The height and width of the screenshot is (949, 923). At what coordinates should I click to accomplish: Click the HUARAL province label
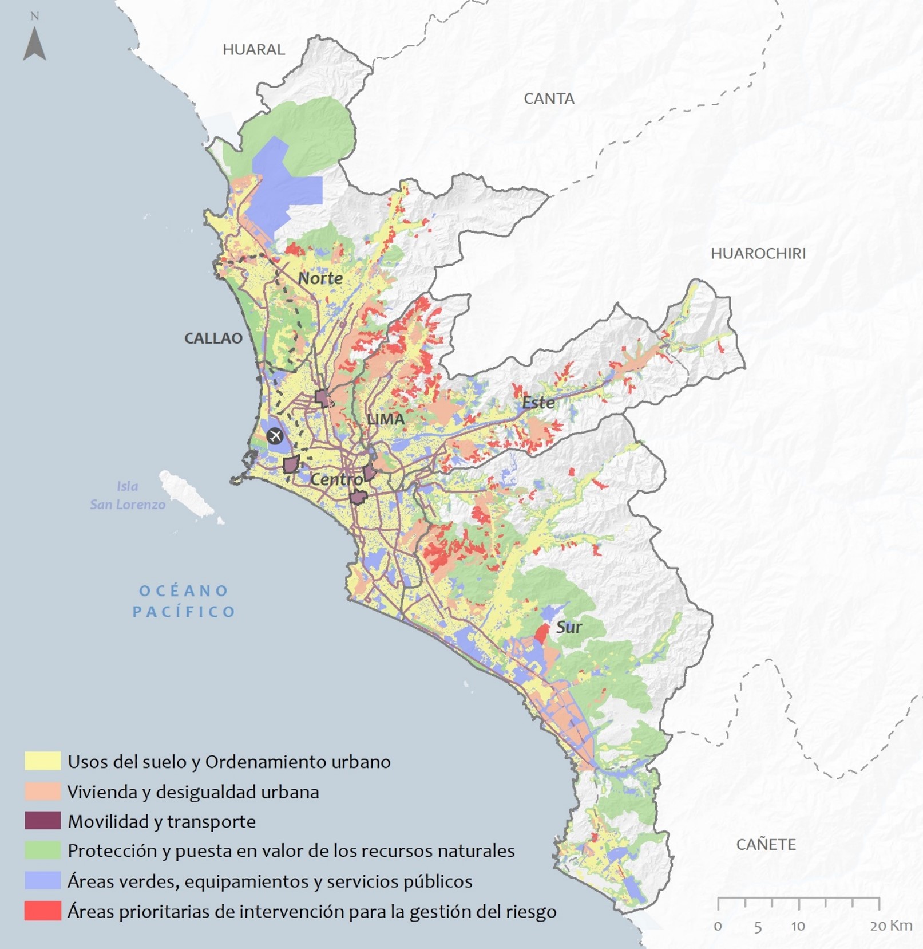(253, 49)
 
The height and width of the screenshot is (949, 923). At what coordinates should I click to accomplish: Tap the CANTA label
(549, 99)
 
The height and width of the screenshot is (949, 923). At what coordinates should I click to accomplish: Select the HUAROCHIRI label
(758, 253)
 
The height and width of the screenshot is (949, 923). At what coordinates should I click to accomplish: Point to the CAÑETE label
(766, 844)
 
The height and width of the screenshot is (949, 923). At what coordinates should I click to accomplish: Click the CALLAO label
(213, 338)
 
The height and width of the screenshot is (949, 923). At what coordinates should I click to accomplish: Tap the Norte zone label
(320, 278)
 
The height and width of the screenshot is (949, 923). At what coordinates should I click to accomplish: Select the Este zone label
(538, 403)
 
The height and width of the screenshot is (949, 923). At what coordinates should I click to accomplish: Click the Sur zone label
(569, 627)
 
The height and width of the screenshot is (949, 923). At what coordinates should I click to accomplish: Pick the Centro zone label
(336, 479)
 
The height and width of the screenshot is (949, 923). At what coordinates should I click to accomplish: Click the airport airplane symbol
(275, 436)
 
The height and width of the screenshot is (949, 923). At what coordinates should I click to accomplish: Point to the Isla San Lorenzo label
(128, 495)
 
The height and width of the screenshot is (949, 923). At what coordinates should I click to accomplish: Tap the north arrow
(34, 43)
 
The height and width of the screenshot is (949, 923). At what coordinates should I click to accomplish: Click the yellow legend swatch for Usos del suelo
(42, 761)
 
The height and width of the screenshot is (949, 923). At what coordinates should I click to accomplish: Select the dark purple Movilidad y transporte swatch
(42, 821)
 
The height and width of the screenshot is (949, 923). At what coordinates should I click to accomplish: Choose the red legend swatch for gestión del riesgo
(42, 910)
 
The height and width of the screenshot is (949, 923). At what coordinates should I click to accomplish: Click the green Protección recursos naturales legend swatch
(42, 850)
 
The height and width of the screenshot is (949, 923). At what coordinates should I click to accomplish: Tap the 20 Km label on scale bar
(890, 926)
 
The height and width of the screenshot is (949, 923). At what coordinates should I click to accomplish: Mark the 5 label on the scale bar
(758, 927)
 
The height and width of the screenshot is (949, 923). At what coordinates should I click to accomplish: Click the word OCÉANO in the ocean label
(184, 590)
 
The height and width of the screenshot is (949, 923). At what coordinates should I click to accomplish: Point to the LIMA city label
(385, 419)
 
